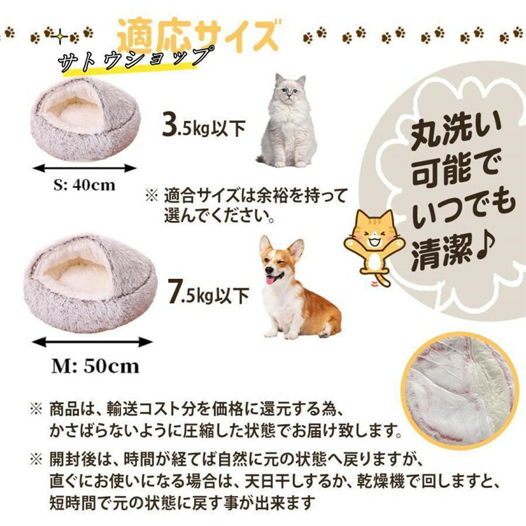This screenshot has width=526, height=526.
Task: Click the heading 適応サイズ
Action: point(199,35)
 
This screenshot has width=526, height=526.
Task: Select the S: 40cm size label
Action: point(84,185)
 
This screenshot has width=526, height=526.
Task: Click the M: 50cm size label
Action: point(95,366)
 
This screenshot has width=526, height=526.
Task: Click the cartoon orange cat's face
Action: point(375,235)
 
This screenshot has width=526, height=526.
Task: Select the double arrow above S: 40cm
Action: point(85,168)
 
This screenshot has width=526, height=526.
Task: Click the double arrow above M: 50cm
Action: point(92,342)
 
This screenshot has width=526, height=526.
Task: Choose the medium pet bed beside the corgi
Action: point(91,283)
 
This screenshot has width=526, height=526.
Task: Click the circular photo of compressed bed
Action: point(459,390)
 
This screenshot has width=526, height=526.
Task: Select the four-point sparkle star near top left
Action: point(60,36)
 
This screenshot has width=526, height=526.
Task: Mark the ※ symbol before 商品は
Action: point(37,409)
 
